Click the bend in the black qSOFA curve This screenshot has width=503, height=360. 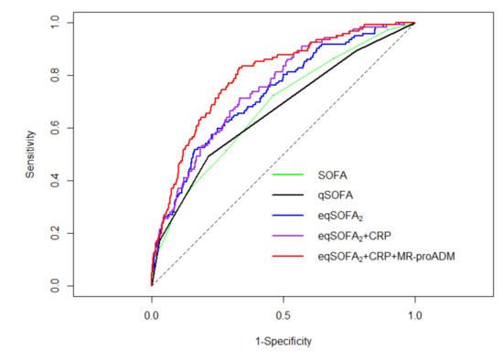209,155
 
